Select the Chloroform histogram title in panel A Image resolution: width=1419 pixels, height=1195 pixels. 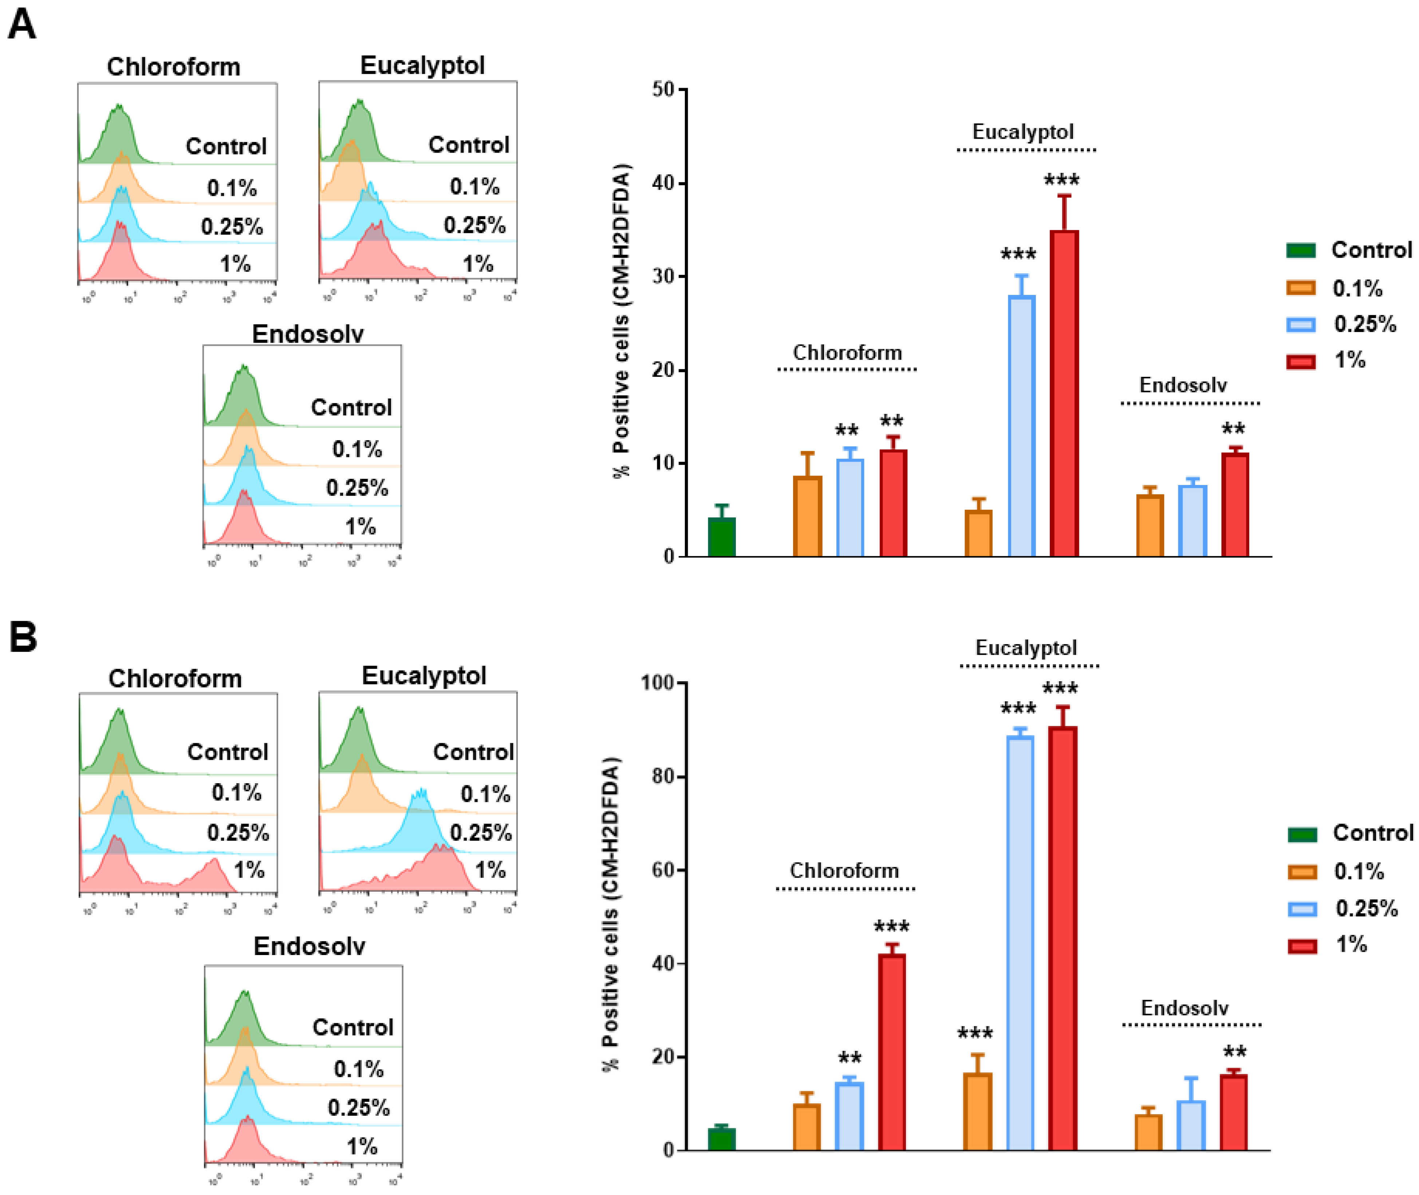[173, 66]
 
